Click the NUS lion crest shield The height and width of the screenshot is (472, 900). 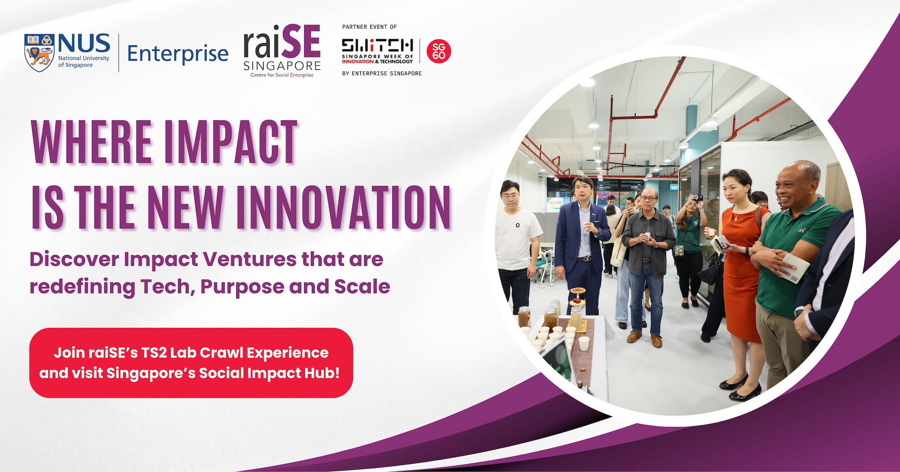(40, 53)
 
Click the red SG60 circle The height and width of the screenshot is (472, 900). (439, 51)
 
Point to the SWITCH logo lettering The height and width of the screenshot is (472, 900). (377, 45)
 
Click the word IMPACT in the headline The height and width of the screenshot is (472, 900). (231, 142)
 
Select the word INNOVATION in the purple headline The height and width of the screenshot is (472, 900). (344, 207)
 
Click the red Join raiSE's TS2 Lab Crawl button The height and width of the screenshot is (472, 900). (191, 363)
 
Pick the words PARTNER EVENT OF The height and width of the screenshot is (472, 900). (369, 27)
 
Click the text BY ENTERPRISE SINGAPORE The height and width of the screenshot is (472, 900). (382, 73)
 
